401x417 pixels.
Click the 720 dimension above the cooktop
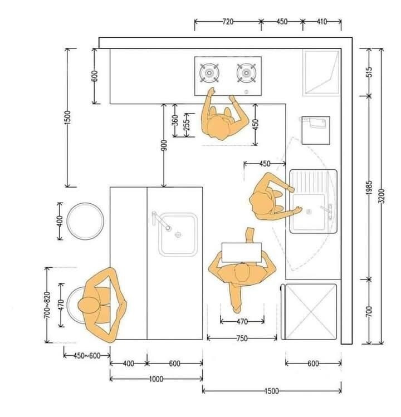pyautogui.click(x=228, y=21)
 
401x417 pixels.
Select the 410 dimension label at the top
pyautogui.click(x=322, y=21)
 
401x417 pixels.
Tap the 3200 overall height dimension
pyautogui.click(x=381, y=196)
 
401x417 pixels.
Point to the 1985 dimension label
pyautogui.click(x=369, y=188)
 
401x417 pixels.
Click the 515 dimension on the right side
pyautogui.click(x=369, y=72)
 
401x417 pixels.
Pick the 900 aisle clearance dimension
pyautogui.click(x=164, y=145)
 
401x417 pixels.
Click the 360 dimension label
pyautogui.click(x=175, y=120)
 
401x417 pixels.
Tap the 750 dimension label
pyautogui.click(x=242, y=338)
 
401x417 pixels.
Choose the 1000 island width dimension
pyautogui.click(x=156, y=379)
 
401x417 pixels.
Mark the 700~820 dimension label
pyautogui.click(x=47, y=305)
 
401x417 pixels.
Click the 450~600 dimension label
pyautogui.click(x=87, y=355)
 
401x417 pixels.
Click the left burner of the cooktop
pyautogui.click(x=209, y=72)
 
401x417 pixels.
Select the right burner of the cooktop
pyautogui.click(x=246, y=72)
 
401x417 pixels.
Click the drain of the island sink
pyautogui.click(x=178, y=234)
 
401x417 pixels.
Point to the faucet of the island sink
pyautogui.click(x=160, y=220)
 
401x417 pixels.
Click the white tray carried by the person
pyautogui.click(x=242, y=252)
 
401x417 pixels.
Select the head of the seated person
pyautogui.click(x=88, y=305)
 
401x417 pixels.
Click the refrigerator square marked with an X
pyautogui.click(x=310, y=312)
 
